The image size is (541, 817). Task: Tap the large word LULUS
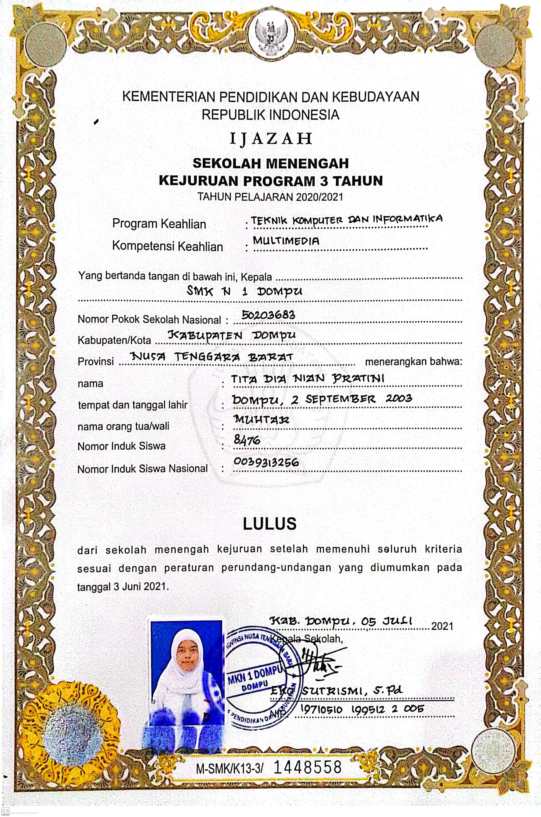[x=269, y=524]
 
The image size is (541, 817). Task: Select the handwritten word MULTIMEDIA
[x=286, y=241]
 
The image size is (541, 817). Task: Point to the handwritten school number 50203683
[x=268, y=315]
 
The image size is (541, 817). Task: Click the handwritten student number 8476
[x=247, y=440]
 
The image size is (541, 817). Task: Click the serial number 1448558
[x=307, y=767]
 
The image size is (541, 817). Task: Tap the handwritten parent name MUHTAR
[x=261, y=419]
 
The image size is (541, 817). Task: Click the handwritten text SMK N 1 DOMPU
[x=244, y=292]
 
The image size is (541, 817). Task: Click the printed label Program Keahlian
[x=159, y=224]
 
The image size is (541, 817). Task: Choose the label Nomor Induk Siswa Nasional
[x=143, y=469]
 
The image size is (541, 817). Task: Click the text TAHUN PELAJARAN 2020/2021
[x=270, y=197]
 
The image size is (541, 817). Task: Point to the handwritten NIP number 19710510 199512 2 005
[x=362, y=710]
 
